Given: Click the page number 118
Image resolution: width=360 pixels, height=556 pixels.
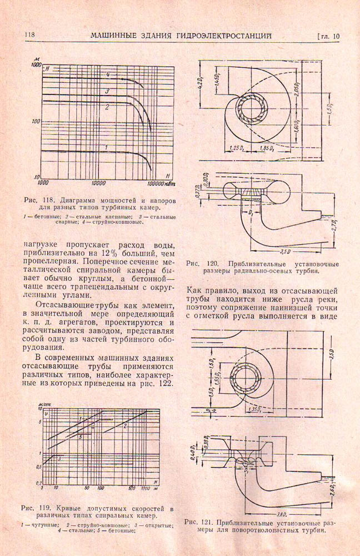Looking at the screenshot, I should click(x=29, y=36).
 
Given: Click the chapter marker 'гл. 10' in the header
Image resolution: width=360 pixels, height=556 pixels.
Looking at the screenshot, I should click(x=328, y=37).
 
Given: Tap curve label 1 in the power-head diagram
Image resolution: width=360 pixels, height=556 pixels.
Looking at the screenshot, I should click(x=105, y=146).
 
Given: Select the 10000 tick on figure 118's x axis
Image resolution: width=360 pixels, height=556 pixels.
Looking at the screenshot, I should click(x=98, y=182).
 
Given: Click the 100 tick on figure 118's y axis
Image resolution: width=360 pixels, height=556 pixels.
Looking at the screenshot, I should click(x=37, y=121).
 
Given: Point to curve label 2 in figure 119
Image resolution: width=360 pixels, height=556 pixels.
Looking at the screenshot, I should click(x=125, y=426).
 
